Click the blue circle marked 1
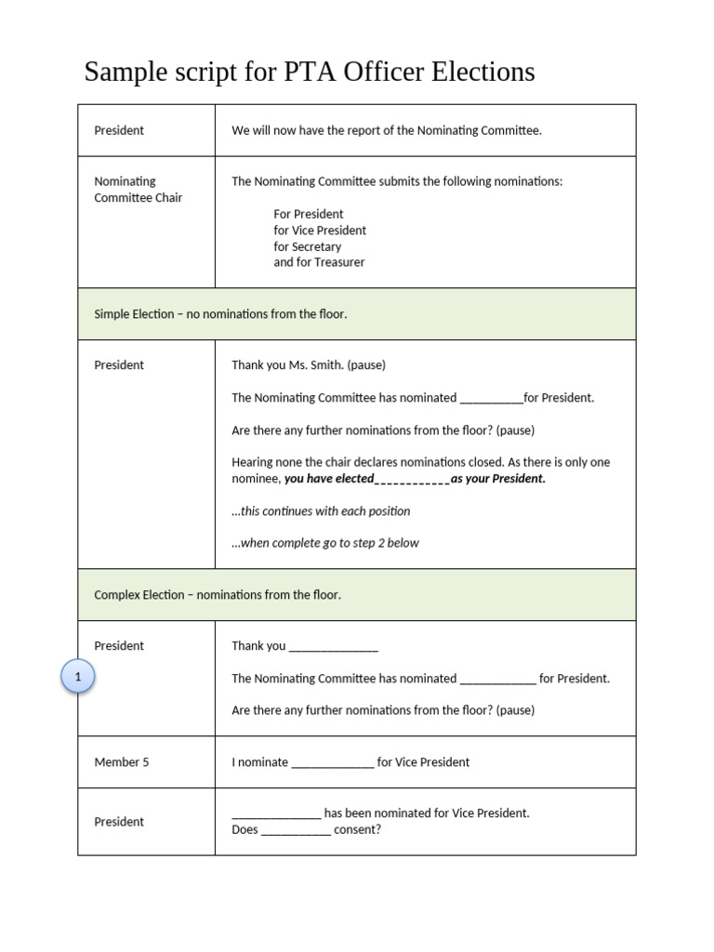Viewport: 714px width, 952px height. coord(78,678)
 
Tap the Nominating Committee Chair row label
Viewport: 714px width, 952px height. coord(138,190)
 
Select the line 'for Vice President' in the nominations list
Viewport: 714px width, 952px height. coord(320,231)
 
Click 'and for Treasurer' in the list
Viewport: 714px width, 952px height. coord(319,263)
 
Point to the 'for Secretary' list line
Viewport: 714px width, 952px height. coord(307,246)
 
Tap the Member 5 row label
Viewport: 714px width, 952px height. coord(122,762)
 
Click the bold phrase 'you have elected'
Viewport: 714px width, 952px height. coord(329,479)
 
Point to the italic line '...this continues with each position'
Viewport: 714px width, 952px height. coord(321,511)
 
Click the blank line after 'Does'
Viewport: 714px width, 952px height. coord(296,831)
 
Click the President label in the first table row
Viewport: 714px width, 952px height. coord(119,131)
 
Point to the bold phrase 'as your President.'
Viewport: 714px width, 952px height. coord(498,479)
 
